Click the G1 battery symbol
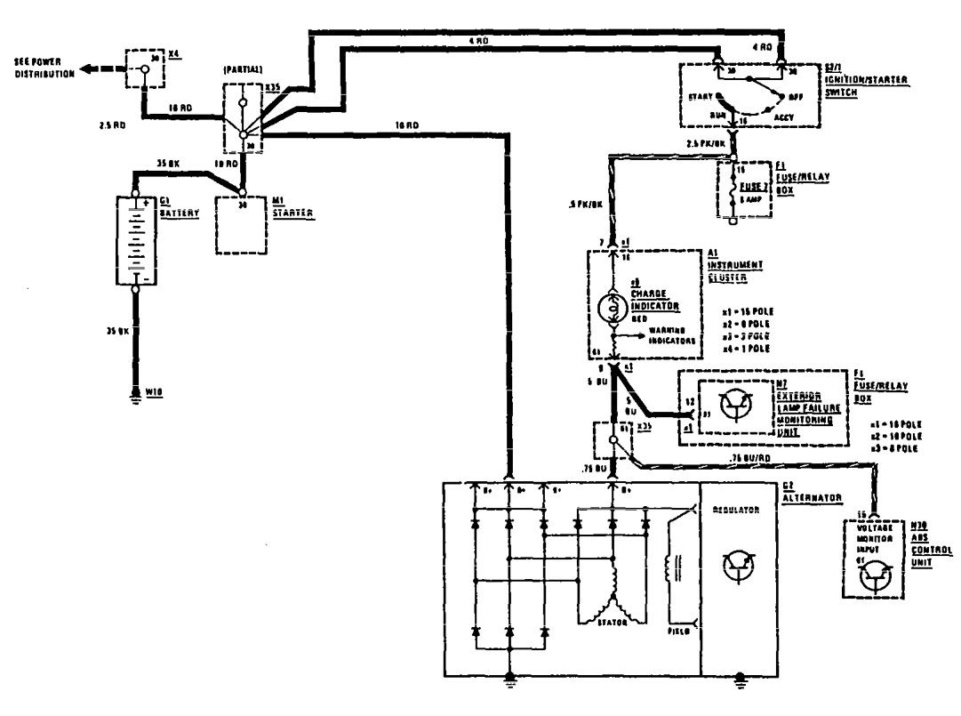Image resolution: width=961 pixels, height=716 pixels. click(x=136, y=241)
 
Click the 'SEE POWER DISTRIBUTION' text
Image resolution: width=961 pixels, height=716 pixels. click(x=40, y=68)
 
